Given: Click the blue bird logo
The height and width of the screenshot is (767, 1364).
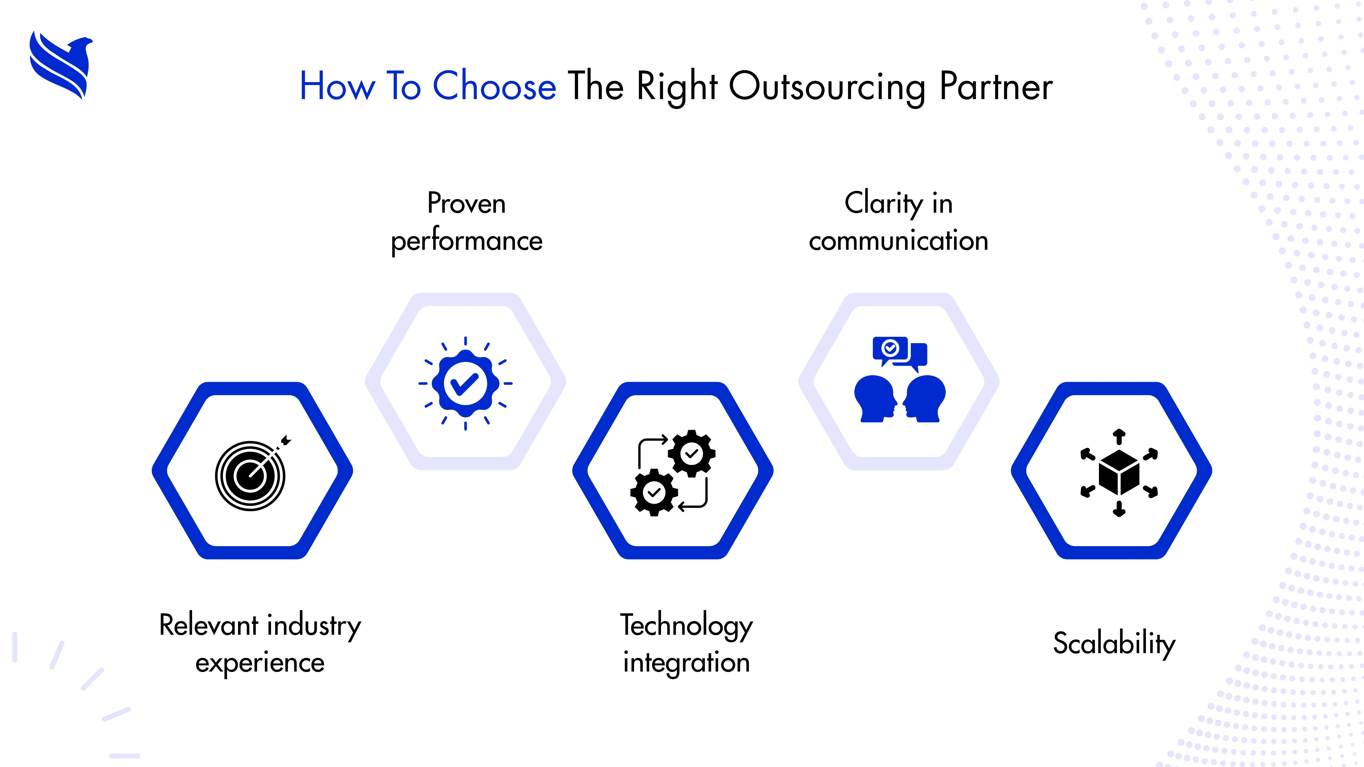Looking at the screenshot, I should coord(61,65).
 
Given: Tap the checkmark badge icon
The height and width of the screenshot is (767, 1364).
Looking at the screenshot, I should coord(465,383).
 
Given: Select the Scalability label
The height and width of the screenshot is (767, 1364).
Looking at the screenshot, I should coord(1114,644).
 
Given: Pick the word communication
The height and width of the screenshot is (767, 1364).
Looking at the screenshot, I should coord(899,241).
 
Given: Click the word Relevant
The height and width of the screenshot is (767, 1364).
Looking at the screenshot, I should coord(209,626).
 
